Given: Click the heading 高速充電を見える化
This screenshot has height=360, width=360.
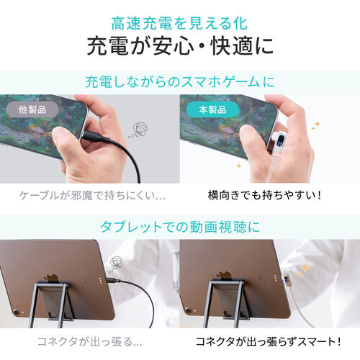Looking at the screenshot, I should click(180, 22).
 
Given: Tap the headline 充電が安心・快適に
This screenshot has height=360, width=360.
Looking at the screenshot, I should click(180, 47).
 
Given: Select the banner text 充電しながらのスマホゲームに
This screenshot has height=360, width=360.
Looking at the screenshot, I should click(180, 81).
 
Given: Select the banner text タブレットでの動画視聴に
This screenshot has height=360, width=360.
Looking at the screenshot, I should click(180, 225).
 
